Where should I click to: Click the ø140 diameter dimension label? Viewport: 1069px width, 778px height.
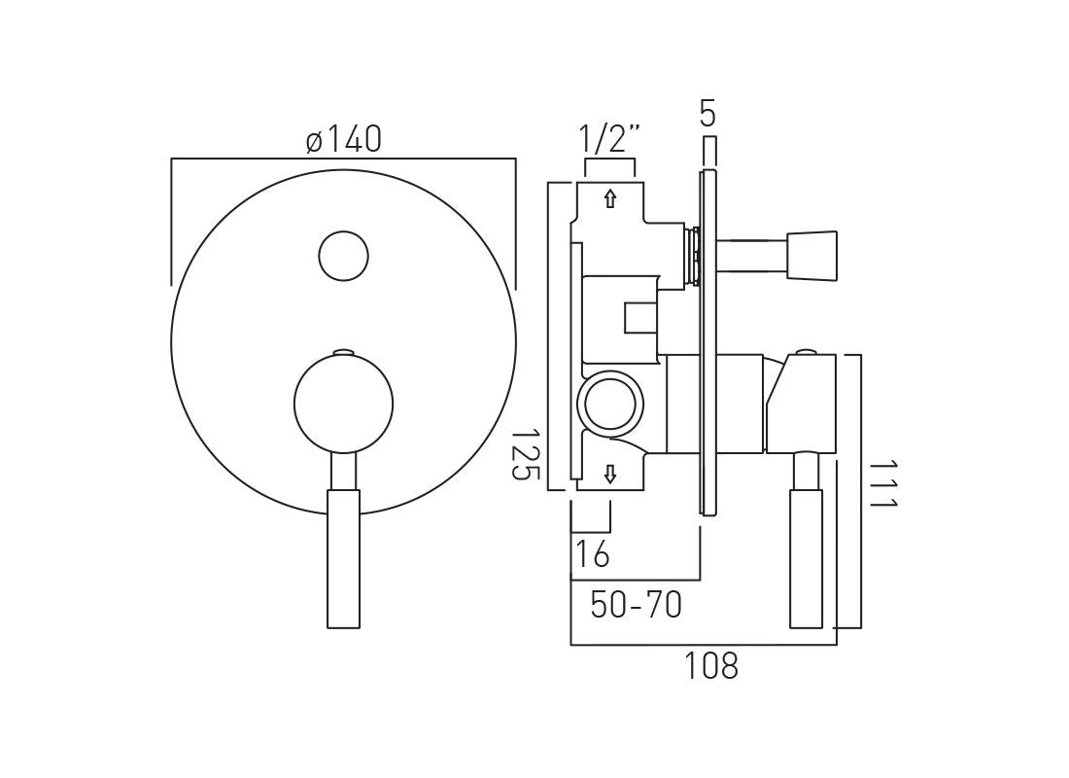point(343,140)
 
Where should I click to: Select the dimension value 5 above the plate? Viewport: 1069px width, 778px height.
point(708,114)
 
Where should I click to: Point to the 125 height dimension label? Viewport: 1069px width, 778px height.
point(524,454)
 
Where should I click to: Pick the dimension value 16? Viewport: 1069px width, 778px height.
point(592,553)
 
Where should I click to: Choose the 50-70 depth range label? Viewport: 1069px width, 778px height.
point(637,605)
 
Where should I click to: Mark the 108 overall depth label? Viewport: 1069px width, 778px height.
point(710,666)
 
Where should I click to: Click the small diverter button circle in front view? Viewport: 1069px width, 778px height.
point(344,257)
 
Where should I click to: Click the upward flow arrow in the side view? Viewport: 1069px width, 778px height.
point(610,199)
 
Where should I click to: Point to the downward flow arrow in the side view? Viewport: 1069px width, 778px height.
point(610,475)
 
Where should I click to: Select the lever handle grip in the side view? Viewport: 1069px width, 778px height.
point(807,559)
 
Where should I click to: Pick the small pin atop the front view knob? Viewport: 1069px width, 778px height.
point(344,351)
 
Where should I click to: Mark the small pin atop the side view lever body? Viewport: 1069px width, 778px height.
point(807,351)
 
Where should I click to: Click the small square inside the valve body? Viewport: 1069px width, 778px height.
point(640,318)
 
